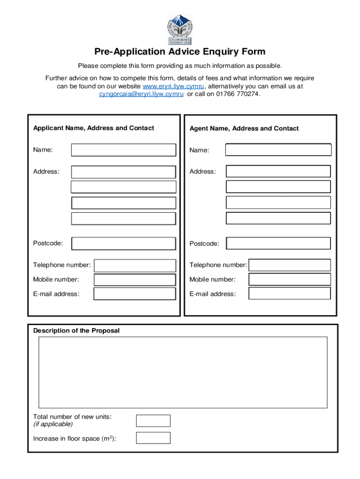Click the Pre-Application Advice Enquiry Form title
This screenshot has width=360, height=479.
(180, 52)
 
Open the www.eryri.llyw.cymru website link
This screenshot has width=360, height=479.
(173, 86)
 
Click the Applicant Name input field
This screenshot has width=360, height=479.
(123, 150)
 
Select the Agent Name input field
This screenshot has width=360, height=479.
(278, 150)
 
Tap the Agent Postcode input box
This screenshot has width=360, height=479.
(278, 243)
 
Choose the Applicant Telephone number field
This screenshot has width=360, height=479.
(135, 265)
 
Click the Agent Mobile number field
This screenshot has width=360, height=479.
(289, 279)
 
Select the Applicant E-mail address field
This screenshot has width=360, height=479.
(135, 294)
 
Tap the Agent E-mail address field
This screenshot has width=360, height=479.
(289, 294)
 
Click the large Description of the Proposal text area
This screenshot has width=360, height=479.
(183, 372)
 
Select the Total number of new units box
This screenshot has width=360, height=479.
(153, 421)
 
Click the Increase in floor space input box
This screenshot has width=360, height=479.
(153, 438)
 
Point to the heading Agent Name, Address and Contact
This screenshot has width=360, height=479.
(244, 129)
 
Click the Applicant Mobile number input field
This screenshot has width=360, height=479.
(135, 280)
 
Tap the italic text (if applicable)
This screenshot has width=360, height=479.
(53, 424)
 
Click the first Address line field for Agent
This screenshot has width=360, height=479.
(278, 172)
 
